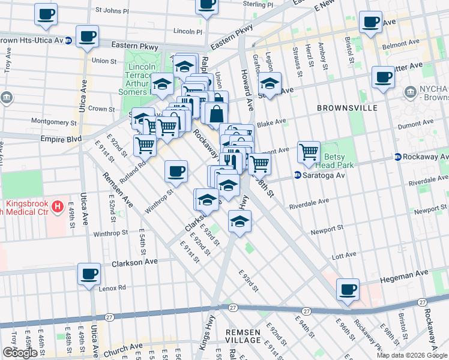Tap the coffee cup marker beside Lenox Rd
tap(90, 274)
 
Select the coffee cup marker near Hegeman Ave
tap(348, 290)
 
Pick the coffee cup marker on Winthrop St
tap(176, 172)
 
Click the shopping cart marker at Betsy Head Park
tap(309, 152)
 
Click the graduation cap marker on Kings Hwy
tap(240, 223)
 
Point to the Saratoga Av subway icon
tap(297, 175)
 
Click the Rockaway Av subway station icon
tap(397, 157)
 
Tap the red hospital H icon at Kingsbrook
tap(57, 208)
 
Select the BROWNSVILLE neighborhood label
tap(348, 108)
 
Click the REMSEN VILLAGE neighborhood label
tap(243, 336)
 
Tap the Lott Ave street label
tap(345, 256)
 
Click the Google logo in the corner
tap(20, 353)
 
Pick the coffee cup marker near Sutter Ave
tap(382, 77)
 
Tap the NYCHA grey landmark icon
tap(411, 91)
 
